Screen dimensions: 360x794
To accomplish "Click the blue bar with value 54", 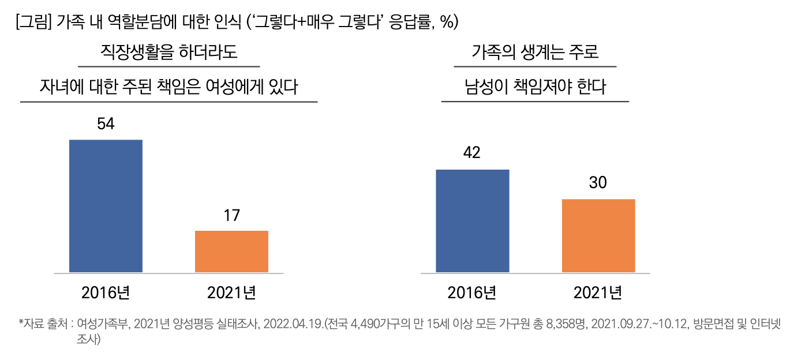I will tap(106, 206).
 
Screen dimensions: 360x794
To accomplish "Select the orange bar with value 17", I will tap(231, 252).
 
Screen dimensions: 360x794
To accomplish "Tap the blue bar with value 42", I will tap(472, 221).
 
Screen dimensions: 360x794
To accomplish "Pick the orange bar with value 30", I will tap(598, 235).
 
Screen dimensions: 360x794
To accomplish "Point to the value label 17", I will tap(231, 216).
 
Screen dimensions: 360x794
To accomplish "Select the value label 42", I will tap(472, 153).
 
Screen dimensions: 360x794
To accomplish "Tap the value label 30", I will tap(598, 183).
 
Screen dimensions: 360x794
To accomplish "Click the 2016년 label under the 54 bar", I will tap(106, 292).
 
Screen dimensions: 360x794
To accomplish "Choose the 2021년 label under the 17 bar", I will tap(231, 292).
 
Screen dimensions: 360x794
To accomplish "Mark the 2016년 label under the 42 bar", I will tap(472, 292).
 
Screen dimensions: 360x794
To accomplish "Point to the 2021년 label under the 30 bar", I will tap(598, 292).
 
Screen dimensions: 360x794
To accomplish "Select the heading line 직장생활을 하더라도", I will tap(169, 53).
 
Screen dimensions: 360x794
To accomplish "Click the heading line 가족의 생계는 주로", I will tap(535, 53).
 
